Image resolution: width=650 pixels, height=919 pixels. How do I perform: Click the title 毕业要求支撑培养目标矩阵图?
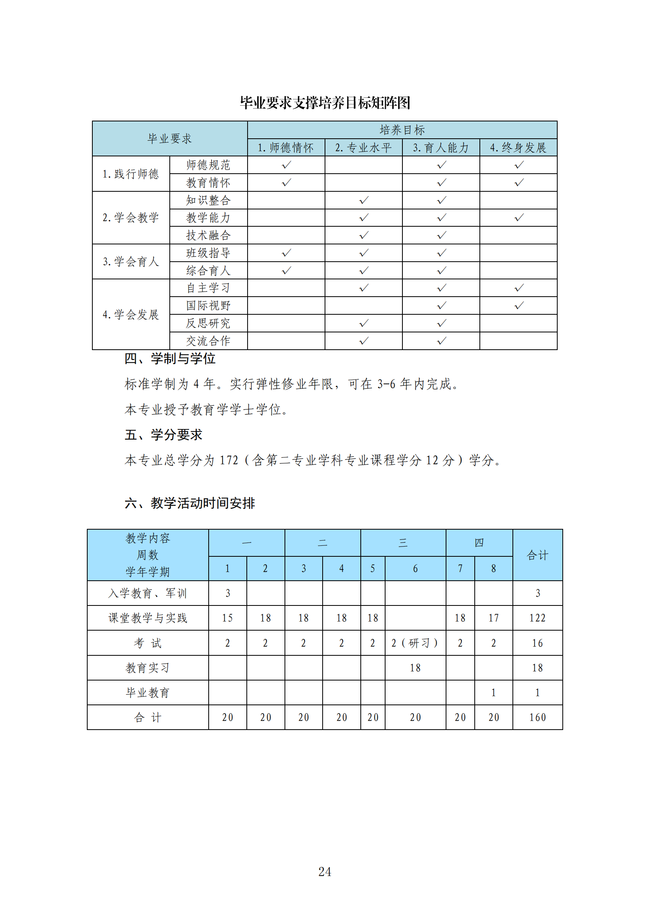[x=325, y=103]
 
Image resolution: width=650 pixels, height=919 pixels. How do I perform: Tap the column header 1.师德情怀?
[x=285, y=148]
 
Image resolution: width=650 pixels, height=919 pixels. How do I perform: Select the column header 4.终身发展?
[x=518, y=148]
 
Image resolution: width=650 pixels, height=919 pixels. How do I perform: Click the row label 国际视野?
[x=208, y=305]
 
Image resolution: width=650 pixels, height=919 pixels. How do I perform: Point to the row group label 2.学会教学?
[x=130, y=218]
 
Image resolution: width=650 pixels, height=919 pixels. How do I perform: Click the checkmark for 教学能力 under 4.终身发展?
[x=519, y=218]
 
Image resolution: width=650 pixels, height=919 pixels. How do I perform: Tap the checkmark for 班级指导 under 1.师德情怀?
[x=286, y=253]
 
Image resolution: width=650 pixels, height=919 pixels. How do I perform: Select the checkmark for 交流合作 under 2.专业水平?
[x=364, y=341]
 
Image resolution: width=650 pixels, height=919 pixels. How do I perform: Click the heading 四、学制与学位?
[x=170, y=359]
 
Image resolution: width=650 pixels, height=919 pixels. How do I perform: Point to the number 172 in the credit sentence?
[x=229, y=460]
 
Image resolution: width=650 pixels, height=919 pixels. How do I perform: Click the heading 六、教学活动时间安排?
[x=189, y=503]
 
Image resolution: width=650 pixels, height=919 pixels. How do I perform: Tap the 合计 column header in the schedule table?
[x=537, y=555]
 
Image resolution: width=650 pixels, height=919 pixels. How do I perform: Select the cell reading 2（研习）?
[x=415, y=643]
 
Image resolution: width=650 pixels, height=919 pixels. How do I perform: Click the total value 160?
[x=537, y=717]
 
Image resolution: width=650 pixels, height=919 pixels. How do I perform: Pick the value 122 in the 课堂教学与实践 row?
[x=537, y=618]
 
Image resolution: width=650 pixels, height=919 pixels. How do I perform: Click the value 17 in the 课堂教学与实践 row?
[x=493, y=618]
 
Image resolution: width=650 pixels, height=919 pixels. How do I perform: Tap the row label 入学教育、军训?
[x=147, y=593]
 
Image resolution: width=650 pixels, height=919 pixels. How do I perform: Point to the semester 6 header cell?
[x=415, y=569]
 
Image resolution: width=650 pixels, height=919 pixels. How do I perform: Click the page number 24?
[x=325, y=871]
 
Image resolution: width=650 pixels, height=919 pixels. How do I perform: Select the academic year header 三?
[x=403, y=543]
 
